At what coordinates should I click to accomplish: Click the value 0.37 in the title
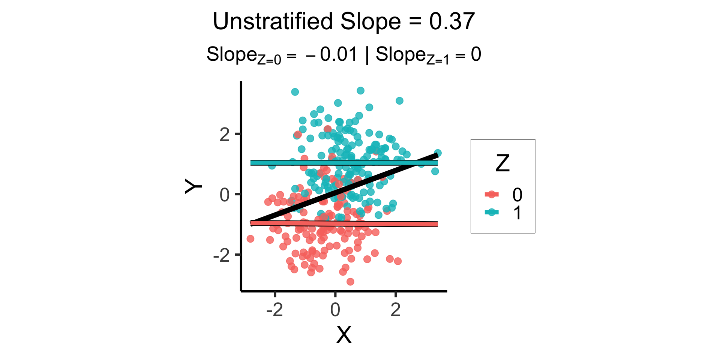pos(452,21)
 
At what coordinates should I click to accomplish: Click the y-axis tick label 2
pos(225,134)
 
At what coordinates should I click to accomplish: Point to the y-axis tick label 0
pos(225,195)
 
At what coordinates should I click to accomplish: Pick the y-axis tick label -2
pos(221,255)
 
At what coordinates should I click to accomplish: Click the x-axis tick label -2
pos(274,310)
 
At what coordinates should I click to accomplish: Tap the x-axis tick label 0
pos(335,310)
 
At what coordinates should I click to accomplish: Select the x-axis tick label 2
pos(396,310)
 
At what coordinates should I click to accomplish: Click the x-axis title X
pos(344,335)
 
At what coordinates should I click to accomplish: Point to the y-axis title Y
pos(193,186)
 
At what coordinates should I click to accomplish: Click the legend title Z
pos(502,163)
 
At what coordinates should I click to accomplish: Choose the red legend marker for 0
pos(492,194)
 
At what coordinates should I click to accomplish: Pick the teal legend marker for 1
pos(492,212)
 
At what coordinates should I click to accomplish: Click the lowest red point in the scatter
pos(350,282)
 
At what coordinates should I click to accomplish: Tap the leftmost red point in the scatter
pos(250,239)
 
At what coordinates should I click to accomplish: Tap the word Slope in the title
pos(370,21)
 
